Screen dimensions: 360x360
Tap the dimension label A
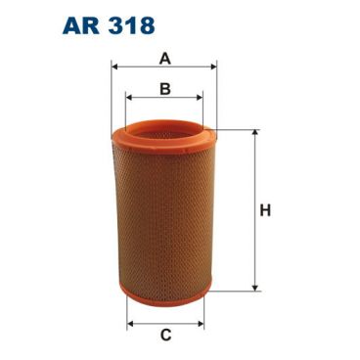pyautogui.click(x=165, y=58)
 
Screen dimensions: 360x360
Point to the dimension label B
pyautogui.click(x=165, y=88)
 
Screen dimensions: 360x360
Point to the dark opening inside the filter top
pyautogui.click(x=164, y=127)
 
